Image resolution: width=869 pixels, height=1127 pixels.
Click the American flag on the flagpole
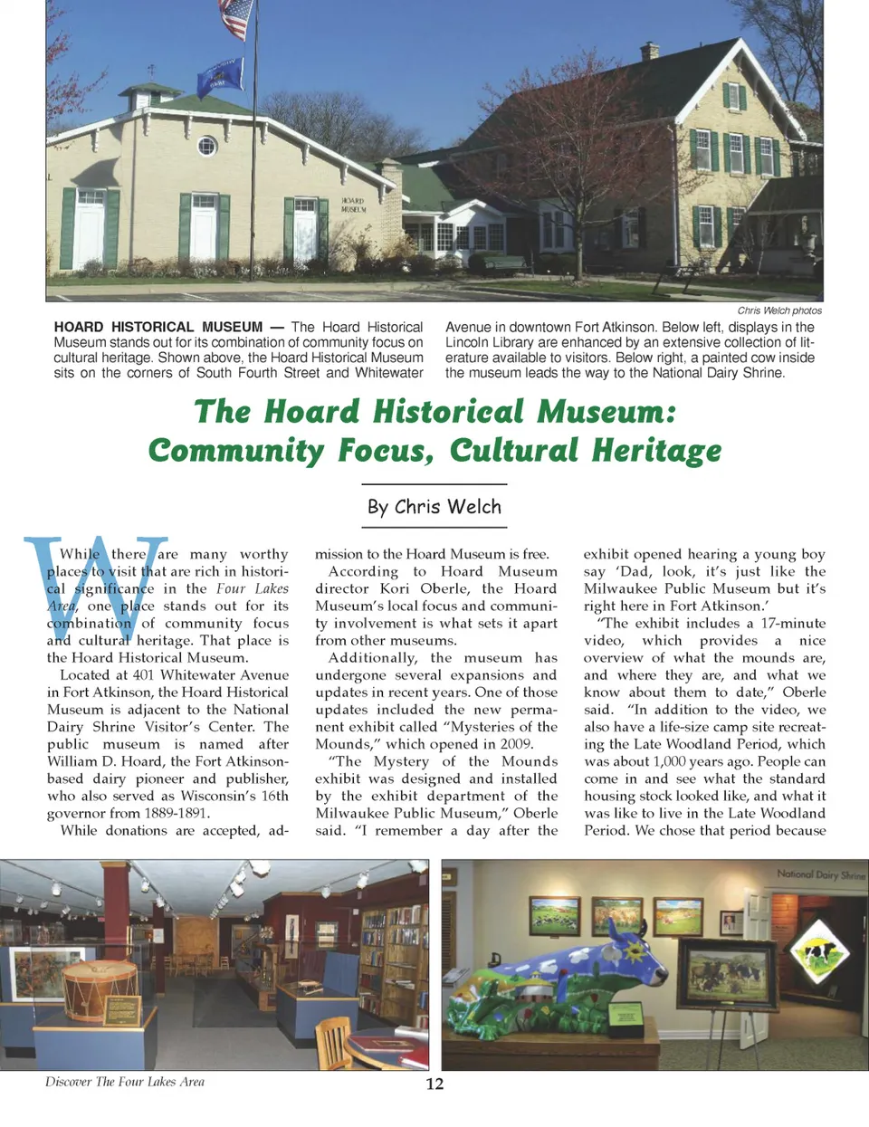pos(234,18)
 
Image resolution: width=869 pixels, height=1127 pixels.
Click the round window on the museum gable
pos(207,145)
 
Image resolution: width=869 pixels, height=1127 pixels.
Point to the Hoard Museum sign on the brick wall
pos(353,205)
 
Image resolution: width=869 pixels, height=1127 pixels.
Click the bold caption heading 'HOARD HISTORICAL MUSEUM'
pos(158,327)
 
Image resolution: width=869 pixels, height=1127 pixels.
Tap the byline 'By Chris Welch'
pos(434,507)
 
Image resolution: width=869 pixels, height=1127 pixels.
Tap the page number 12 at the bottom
pos(434,1084)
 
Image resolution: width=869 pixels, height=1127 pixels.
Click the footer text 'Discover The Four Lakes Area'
pos(125,1082)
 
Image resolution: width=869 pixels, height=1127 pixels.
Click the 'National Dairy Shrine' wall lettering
pos(820,875)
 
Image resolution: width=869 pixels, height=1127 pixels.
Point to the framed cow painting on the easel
pos(730,972)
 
